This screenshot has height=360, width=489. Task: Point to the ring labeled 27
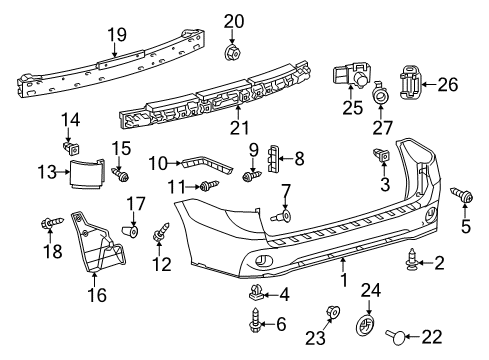381,96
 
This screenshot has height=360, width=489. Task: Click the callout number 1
343,264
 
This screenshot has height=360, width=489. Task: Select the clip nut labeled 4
256,294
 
